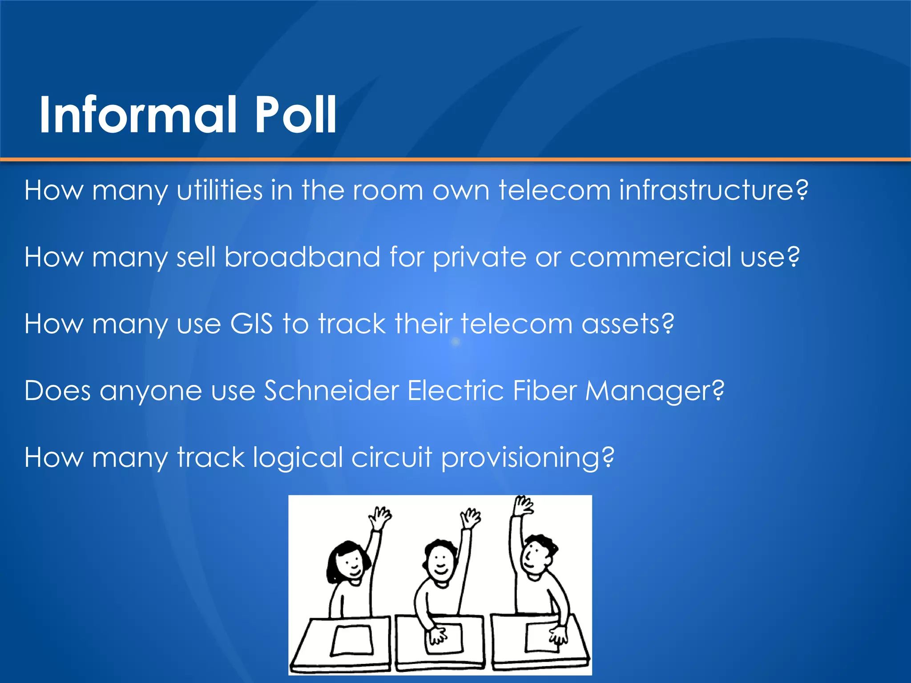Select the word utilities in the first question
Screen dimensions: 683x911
tap(220, 190)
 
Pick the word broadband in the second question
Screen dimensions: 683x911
tap(302, 257)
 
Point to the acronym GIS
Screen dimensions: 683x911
tap(251, 324)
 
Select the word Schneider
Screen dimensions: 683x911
tap(331, 391)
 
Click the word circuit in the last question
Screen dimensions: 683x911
tap(391, 457)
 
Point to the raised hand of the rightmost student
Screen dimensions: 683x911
tap(523, 506)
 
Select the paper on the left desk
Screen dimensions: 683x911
tap(352, 640)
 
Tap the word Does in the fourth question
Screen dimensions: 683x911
tap(57, 391)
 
